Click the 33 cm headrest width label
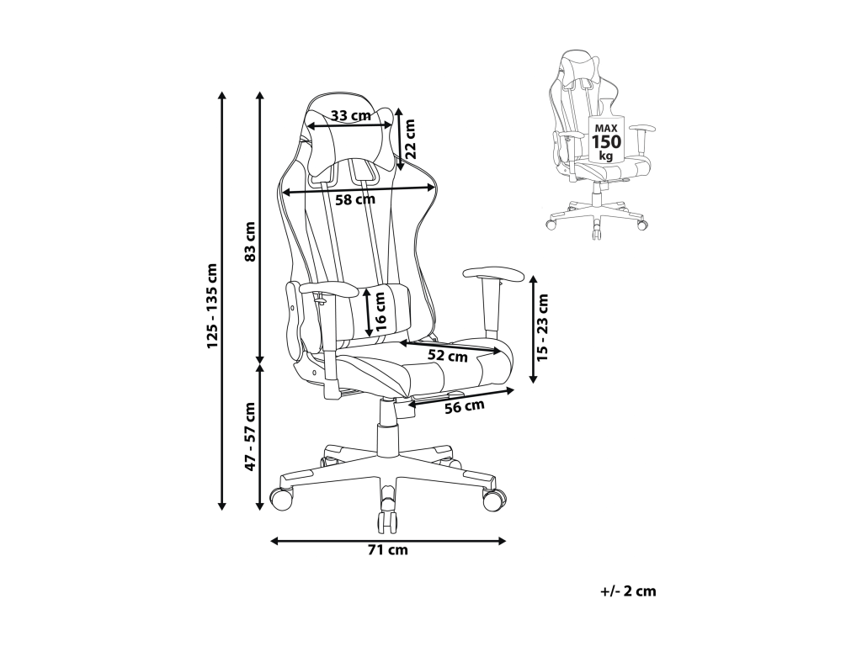pyautogui.click(x=350, y=115)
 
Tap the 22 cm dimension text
pyautogui.click(x=411, y=138)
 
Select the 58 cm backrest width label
pyautogui.click(x=354, y=199)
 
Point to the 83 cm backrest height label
pyautogui.click(x=249, y=241)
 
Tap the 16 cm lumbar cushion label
pyautogui.click(x=380, y=310)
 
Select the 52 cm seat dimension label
pyautogui.click(x=447, y=355)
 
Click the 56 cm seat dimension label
pyautogui.click(x=465, y=407)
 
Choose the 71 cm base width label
pyautogui.click(x=388, y=550)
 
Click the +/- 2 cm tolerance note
pyautogui.click(x=628, y=591)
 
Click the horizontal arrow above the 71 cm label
pyautogui.click(x=388, y=541)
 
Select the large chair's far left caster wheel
pyautogui.click(x=279, y=498)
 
